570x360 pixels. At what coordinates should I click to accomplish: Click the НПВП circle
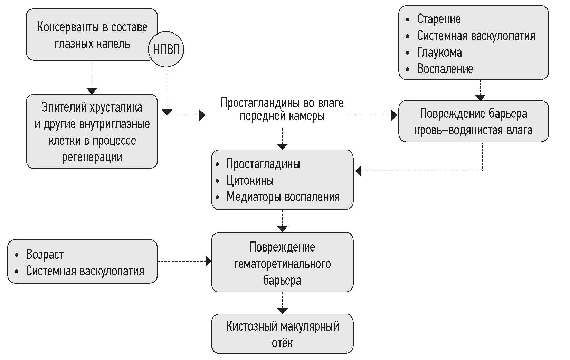166,49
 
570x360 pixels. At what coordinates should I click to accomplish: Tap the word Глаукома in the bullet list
439,52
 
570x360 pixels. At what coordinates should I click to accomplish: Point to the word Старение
439,19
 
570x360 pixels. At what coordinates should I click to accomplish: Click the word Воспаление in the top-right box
445,69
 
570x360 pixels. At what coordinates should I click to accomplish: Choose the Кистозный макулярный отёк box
282,334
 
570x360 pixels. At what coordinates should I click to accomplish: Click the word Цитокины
250,180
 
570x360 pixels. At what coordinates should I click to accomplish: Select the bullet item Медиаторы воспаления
283,197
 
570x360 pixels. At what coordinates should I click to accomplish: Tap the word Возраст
45,254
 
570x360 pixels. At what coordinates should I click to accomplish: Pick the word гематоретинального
282,264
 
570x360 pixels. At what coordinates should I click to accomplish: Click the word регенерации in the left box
92,157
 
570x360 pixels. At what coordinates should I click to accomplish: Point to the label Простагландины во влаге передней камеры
282,109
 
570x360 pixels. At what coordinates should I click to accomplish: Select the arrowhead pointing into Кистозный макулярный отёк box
283,311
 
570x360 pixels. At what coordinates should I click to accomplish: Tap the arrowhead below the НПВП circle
167,112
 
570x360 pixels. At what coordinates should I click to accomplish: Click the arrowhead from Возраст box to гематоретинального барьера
208,261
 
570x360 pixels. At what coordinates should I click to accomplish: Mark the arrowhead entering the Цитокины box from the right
359,171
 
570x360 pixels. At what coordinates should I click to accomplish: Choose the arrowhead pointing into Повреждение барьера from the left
394,115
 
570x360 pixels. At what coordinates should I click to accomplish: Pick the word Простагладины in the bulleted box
263,164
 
